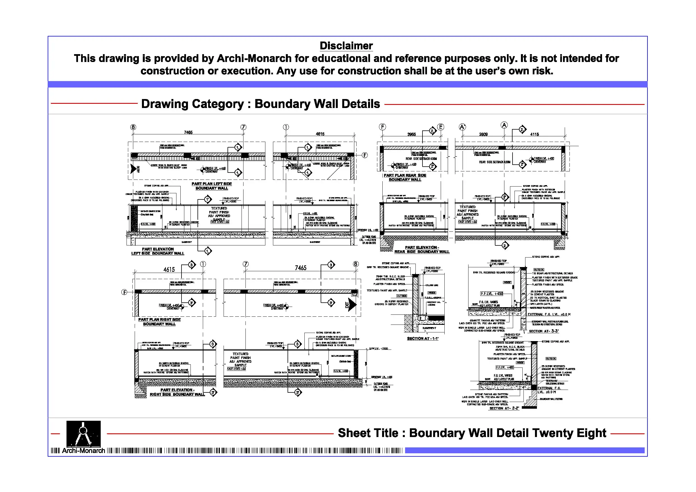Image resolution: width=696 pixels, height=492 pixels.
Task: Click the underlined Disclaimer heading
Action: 346,46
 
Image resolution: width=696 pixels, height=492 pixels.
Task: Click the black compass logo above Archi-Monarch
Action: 83,433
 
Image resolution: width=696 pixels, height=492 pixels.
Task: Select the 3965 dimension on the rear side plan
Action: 411,134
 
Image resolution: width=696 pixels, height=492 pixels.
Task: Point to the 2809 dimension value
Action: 483,134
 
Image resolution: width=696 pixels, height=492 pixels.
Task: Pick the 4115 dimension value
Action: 534,134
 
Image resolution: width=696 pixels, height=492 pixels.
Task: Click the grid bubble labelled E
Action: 441,127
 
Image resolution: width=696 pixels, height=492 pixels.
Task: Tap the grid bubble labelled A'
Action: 462,127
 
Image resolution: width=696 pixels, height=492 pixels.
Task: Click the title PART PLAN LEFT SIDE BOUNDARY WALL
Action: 212,186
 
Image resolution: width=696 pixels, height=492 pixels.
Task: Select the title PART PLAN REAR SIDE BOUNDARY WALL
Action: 405,177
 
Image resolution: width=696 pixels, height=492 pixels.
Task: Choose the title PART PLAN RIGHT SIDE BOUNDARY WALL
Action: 159,322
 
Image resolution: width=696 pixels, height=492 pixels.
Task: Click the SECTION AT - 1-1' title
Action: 422,338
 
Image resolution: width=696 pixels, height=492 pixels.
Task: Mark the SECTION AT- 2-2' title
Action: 504,408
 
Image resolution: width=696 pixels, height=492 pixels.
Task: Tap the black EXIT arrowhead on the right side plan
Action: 352,304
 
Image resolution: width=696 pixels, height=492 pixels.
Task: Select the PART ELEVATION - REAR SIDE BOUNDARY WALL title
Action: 422,249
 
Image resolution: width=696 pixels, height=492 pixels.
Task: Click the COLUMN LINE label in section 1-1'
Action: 432,285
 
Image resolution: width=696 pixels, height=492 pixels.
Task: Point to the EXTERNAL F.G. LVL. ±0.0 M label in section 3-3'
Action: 549,314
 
